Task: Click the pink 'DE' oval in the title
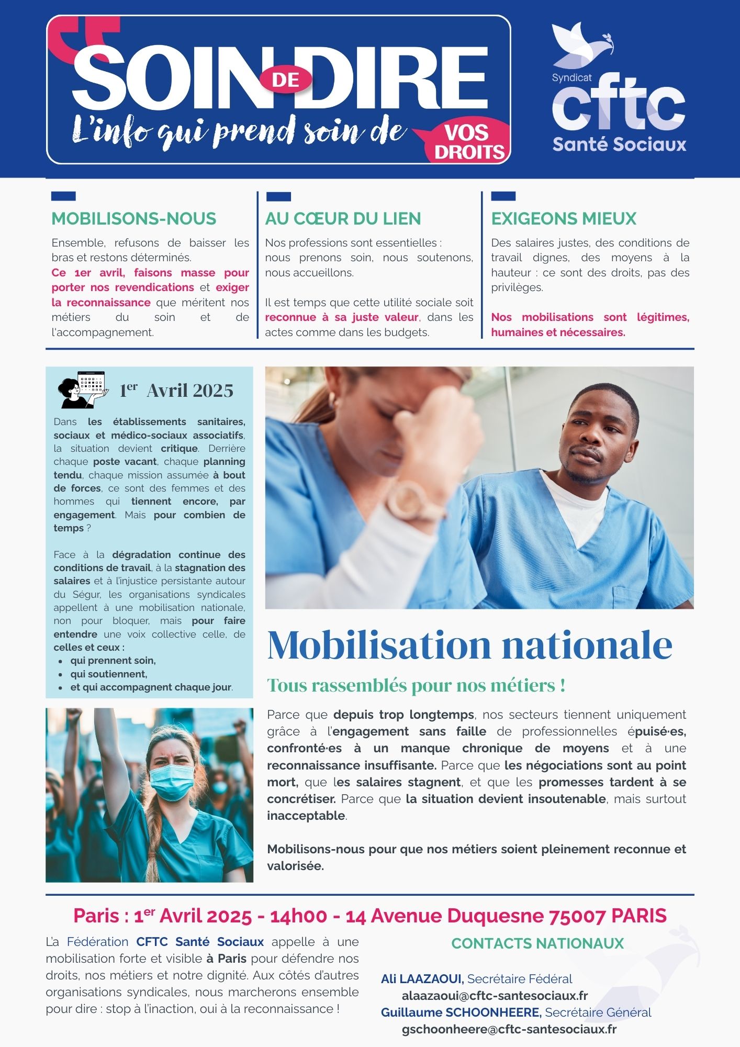[x=286, y=80]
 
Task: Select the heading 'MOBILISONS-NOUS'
[x=133, y=218]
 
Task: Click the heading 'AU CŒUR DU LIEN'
[x=343, y=218]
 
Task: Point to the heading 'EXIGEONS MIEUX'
[x=564, y=218]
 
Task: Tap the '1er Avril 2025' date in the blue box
[x=176, y=391]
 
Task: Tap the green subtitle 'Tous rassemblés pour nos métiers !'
[x=416, y=685]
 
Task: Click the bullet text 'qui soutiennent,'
[x=109, y=674]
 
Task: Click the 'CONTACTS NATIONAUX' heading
[x=537, y=943]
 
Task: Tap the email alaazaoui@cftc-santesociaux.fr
[x=495, y=996]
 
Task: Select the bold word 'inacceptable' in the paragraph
[x=306, y=816]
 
